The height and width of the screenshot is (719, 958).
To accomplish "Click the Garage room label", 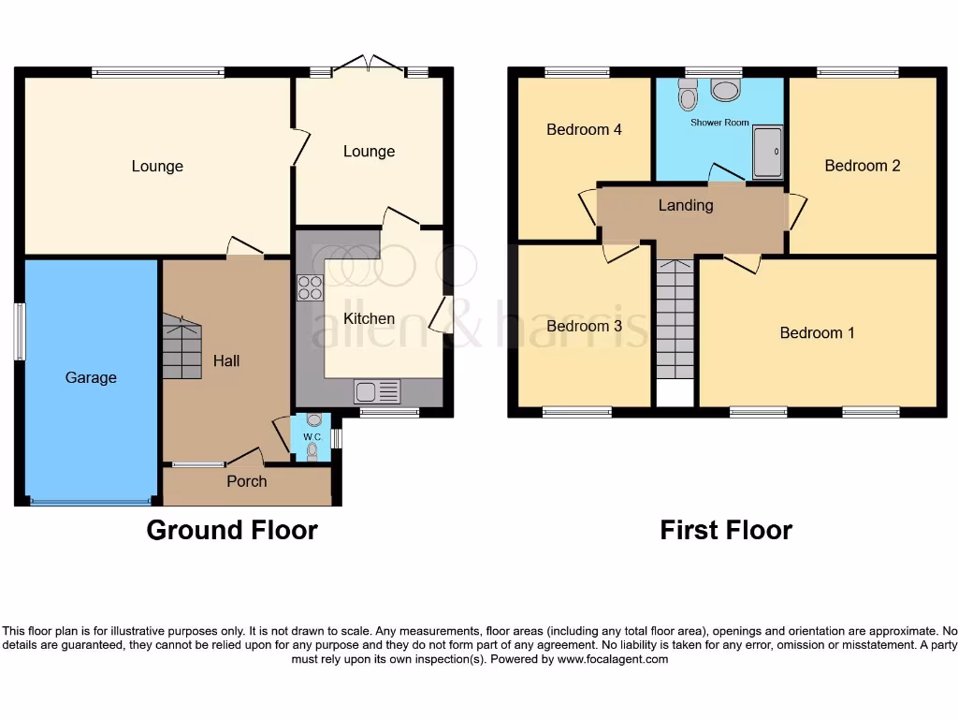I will pos(91,377).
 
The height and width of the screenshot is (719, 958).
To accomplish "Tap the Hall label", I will pos(226,360).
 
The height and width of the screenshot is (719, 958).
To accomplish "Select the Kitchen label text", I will pos(369,318).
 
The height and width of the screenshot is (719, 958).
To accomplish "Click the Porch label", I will pos(247,481).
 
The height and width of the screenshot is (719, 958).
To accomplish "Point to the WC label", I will pos(312,437).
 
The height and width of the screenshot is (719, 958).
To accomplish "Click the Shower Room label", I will pos(719,123).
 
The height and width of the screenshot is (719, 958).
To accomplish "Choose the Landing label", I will pos(686,205).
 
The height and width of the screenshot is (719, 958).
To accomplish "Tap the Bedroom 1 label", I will pos(817,332).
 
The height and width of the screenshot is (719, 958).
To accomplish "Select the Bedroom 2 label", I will pos(862,166).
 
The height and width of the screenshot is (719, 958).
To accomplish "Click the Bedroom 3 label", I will pos(584,326).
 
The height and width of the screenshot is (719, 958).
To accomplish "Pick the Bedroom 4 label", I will pos(584,129).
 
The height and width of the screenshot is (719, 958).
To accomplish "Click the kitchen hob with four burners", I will pos(309,287).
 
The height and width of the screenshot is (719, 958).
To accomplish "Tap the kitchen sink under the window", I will pos(377,391).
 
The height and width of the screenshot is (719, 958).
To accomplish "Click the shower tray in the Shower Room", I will pos(768,152).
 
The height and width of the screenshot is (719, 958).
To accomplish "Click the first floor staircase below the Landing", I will pos(675,318).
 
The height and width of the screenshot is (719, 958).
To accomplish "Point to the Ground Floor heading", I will pos(232,530).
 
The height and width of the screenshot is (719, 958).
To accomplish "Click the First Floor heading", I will pos(726,530).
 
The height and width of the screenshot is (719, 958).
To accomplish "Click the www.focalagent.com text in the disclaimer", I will pos(612,659).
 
